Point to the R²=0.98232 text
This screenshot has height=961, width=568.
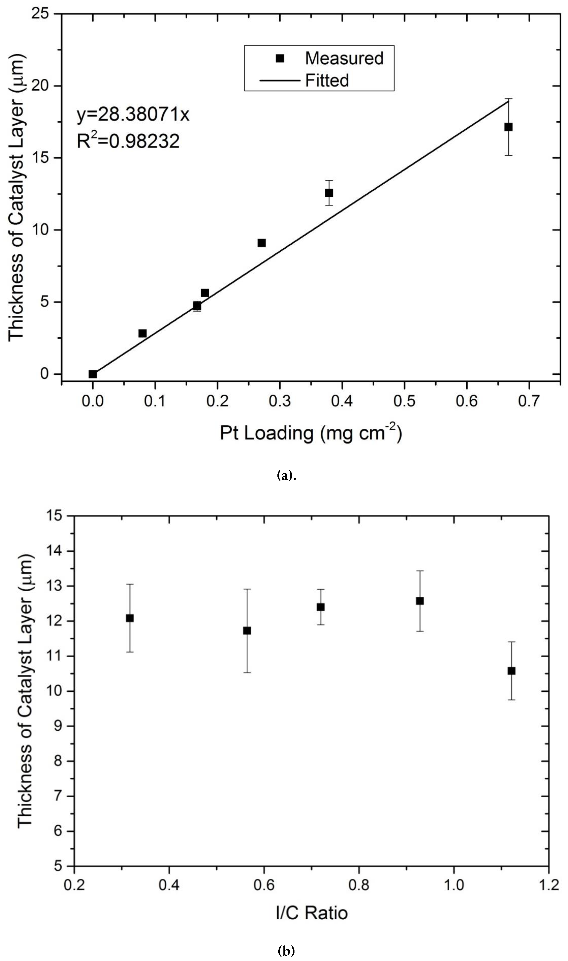128,141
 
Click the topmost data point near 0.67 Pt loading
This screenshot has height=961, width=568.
508,127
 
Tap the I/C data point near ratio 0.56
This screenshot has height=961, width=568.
247,631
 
